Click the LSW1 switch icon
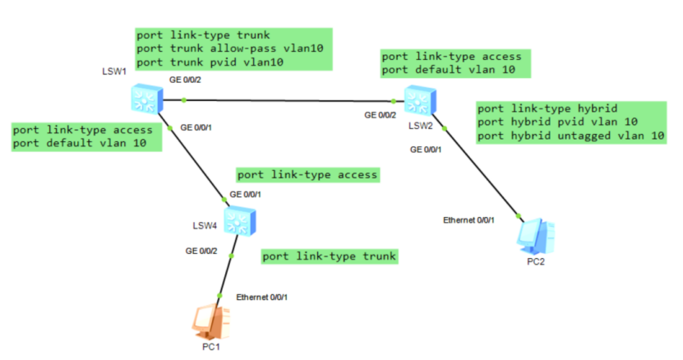[x=147, y=99]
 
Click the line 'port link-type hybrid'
[x=547, y=108]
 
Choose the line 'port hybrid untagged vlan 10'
[x=570, y=136]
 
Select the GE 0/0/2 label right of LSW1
[x=185, y=80]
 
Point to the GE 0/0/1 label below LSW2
[x=427, y=149]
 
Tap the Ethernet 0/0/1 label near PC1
[x=261, y=297]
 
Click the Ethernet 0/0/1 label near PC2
[x=468, y=220]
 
